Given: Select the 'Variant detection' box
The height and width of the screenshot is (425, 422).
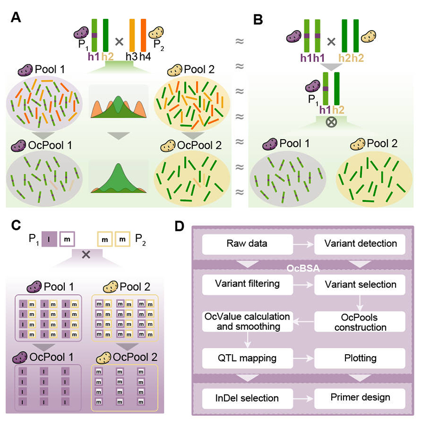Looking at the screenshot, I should tap(360, 244).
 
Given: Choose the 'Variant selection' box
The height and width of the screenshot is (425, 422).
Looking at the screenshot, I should tap(360, 284).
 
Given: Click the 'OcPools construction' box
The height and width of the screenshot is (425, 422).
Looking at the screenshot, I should tap(360, 321).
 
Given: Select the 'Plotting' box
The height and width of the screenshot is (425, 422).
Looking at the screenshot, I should tap(360, 358).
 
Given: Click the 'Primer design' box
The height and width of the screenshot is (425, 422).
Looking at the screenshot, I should tap(360, 397).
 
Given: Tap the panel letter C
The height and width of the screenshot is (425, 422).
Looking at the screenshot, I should tap(16, 225).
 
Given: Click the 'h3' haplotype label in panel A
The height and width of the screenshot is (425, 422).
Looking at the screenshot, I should tap(132, 56).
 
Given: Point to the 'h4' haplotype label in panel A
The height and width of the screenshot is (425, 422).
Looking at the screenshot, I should tap(146, 56).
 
